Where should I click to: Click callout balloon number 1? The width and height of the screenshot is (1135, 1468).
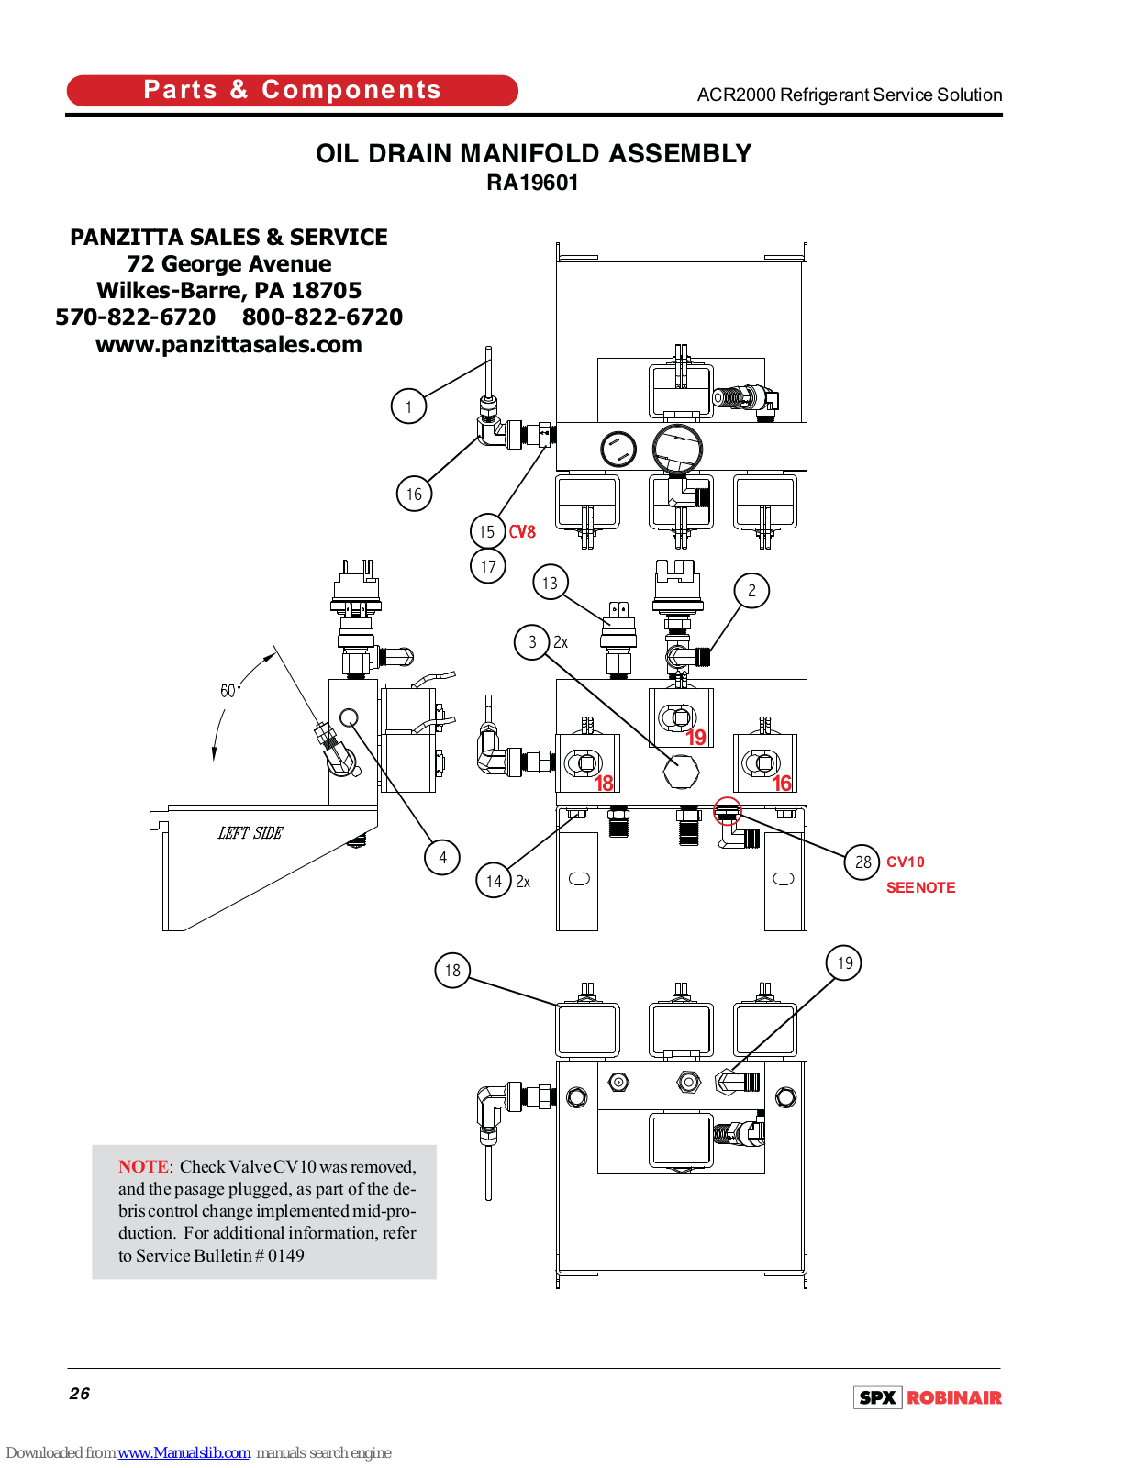pyautogui.click(x=408, y=406)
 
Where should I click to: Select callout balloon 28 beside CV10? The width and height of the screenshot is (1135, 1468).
pyautogui.click(x=862, y=862)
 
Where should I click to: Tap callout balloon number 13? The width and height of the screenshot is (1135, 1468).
pyautogui.click(x=550, y=583)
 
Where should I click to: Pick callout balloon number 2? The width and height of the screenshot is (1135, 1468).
pyautogui.click(x=751, y=591)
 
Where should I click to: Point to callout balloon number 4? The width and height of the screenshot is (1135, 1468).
pyautogui.click(x=442, y=858)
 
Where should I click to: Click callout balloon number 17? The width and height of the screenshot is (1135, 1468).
pyautogui.click(x=488, y=567)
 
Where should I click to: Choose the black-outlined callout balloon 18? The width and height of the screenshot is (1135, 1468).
pyautogui.click(x=452, y=970)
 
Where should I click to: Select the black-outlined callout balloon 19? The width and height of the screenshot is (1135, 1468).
pyautogui.click(x=844, y=963)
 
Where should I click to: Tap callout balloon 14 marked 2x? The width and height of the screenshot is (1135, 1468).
pyautogui.click(x=494, y=881)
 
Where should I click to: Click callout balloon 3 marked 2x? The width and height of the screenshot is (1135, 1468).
pyautogui.click(x=532, y=642)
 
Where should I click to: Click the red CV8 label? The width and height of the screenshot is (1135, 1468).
pyautogui.click(x=522, y=532)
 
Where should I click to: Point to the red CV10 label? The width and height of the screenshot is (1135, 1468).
pyautogui.click(x=906, y=862)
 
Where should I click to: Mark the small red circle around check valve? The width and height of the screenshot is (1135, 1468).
pyautogui.click(x=728, y=811)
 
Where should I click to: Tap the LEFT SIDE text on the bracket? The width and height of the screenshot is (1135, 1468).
pyautogui.click(x=250, y=833)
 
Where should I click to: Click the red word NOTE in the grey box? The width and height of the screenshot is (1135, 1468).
pyautogui.click(x=143, y=1167)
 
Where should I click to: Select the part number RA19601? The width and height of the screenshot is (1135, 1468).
pyautogui.click(x=532, y=183)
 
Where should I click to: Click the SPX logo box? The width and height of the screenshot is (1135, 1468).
pyautogui.click(x=878, y=1397)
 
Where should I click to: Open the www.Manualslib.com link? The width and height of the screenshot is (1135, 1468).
pyautogui.click(x=184, y=1452)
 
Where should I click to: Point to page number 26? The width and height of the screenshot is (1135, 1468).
pyautogui.click(x=80, y=1394)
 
